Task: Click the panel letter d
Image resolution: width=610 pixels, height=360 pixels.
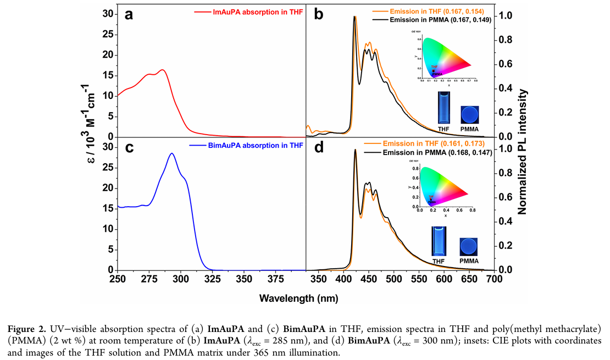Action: [x=319, y=148]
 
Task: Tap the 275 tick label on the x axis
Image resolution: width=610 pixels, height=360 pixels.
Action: [x=149, y=280]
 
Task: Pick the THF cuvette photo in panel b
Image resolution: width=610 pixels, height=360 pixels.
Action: [x=443, y=108]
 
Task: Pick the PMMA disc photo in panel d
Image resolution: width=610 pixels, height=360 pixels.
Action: [x=469, y=245]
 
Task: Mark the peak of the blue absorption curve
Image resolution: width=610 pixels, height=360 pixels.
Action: [x=171, y=153]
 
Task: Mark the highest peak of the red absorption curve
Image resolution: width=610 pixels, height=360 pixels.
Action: [x=162, y=70]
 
